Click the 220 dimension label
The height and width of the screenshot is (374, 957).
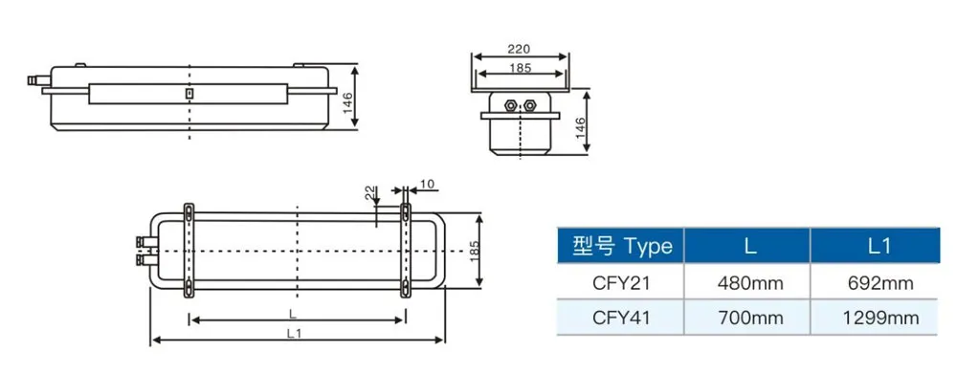point(519,49)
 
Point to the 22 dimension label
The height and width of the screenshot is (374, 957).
point(368,194)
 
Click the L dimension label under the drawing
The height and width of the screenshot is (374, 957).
point(293,314)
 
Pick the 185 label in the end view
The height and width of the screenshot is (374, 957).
point(520,68)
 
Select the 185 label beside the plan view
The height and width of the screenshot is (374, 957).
point(476,252)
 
